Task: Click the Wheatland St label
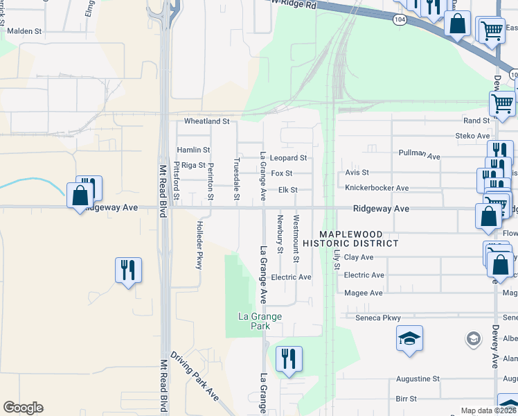pyautogui.click(x=206, y=121)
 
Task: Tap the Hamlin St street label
pyautogui.click(x=193, y=150)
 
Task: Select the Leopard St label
pyautogui.click(x=288, y=158)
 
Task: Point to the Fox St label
pyautogui.click(x=281, y=173)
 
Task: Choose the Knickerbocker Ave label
pyautogui.click(x=377, y=188)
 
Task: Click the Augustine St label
pyautogui.click(x=418, y=379)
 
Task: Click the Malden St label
pyautogui.click(x=25, y=31)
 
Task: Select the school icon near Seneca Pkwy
pyautogui.click(x=409, y=339)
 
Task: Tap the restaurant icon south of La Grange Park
pyautogui.click(x=289, y=359)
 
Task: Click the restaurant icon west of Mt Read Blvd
pyautogui.click(x=128, y=270)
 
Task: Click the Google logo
pyautogui.click(x=23, y=408)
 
